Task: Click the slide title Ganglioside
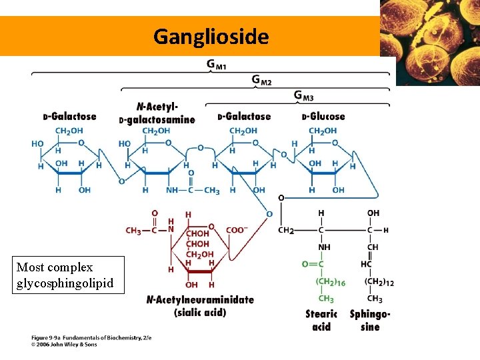[x=211, y=36]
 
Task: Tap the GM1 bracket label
[x=216, y=65]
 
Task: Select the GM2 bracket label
[x=261, y=80]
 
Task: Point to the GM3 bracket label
[x=303, y=96]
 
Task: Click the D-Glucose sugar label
[x=323, y=117]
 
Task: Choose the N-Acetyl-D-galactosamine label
[x=157, y=113]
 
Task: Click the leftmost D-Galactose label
[x=70, y=117]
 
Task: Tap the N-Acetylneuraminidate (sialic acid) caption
[x=200, y=305]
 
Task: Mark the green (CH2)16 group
[x=330, y=282]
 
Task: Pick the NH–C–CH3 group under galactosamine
[x=193, y=191]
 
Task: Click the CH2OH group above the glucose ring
[x=323, y=131]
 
